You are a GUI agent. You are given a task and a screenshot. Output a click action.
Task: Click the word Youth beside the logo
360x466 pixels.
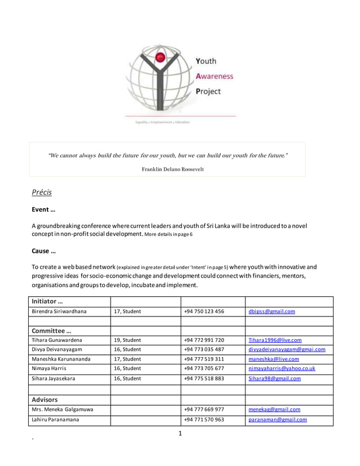(x=205, y=61)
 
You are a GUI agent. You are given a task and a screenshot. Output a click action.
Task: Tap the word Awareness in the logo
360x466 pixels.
(x=214, y=76)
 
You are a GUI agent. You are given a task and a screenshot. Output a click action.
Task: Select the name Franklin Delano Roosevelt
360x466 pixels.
(x=173, y=169)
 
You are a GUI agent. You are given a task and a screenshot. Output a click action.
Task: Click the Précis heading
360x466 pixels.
(x=42, y=192)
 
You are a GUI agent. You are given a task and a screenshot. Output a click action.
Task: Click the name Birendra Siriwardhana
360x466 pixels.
(x=59, y=311)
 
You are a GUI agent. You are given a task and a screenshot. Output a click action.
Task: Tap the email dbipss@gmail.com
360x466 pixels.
(x=271, y=311)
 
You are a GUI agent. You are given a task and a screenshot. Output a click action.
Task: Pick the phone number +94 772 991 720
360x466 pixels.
(x=204, y=340)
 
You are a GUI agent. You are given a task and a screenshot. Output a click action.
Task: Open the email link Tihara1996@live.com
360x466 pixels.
(x=275, y=340)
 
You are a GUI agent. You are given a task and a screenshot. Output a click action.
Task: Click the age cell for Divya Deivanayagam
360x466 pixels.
(x=128, y=349)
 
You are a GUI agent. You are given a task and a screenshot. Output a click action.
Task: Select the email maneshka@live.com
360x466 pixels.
(x=274, y=359)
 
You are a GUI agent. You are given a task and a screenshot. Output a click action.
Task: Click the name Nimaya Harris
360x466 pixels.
(x=50, y=368)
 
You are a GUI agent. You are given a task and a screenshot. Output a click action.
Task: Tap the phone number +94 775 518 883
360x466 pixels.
(x=204, y=379)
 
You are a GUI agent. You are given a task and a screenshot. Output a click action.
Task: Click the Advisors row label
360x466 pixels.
(x=45, y=399)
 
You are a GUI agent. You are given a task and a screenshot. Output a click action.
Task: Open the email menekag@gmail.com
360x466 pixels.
(x=274, y=410)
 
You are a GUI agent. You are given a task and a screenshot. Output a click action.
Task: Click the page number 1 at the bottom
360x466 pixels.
(x=180, y=433)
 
